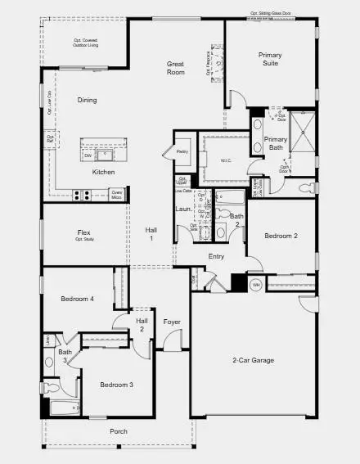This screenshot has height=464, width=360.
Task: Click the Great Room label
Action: click(175, 67)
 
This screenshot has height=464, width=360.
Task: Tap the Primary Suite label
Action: click(270, 60)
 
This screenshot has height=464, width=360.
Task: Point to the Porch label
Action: click(119, 431)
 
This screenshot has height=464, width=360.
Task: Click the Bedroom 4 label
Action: click(78, 300)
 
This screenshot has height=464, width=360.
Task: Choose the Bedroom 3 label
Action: click(116, 385)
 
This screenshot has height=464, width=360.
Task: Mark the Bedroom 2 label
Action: click(281, 236)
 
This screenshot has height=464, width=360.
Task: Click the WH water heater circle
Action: click(255, 286)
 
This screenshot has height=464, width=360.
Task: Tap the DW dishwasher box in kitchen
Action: click(87, 154)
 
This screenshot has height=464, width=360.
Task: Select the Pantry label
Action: click(182, 151)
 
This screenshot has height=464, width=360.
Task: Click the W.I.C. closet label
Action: click(226, 160)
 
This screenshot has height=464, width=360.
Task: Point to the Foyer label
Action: click(171, 322)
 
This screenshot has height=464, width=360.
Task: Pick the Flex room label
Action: click(83, 235)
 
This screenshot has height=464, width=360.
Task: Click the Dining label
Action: click(87, 101)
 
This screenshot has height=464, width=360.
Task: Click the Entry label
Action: click(216, 257)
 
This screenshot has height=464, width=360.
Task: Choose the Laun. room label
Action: click(182, 209)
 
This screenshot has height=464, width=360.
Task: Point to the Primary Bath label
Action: click(276, 144)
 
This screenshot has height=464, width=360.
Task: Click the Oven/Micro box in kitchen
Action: click(116, 195)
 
